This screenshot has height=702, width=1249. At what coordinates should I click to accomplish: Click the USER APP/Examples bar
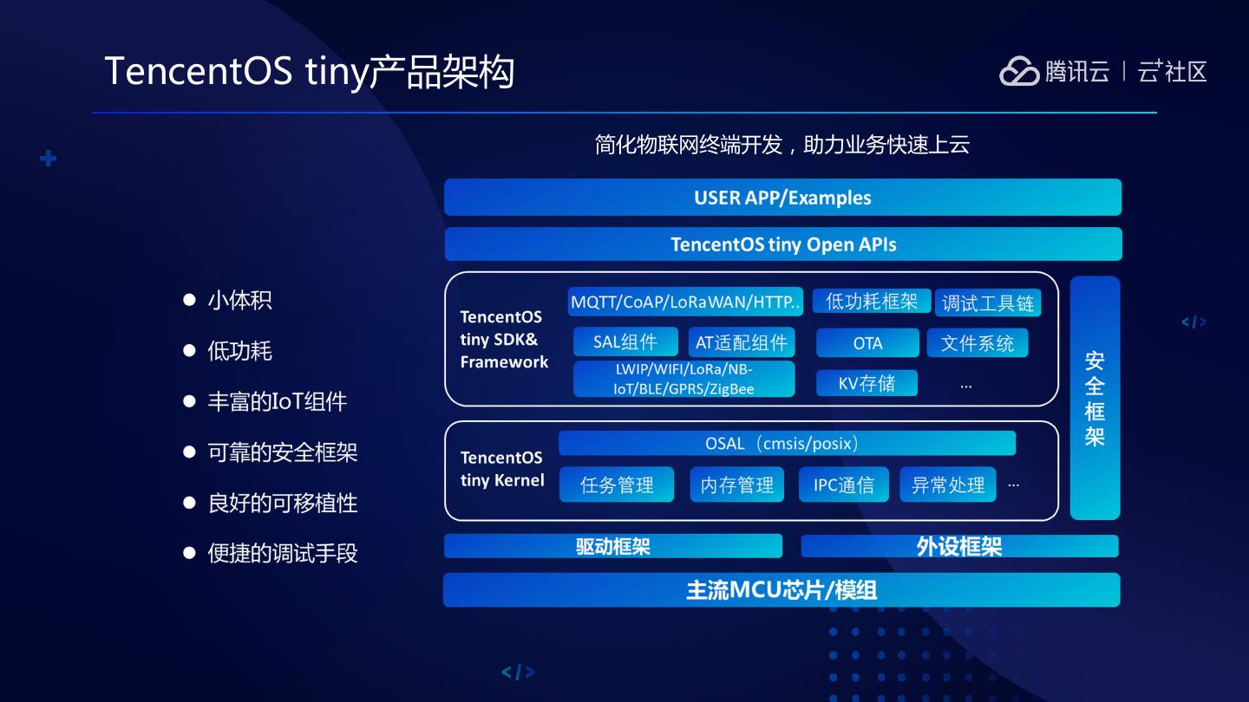(x=782, y=198)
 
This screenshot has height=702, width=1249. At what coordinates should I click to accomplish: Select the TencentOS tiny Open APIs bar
(x=783, y=244)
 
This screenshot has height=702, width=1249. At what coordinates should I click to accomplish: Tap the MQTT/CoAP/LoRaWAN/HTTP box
(x=685, y=302)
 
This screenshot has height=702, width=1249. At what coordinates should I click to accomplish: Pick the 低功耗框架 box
(x=872, y=301)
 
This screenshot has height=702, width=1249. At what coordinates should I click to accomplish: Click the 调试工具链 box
(x=988, y=302)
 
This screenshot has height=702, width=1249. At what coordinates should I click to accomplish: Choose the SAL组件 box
(x=624, y=342)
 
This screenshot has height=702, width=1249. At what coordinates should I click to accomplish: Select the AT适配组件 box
(x=742, y=342)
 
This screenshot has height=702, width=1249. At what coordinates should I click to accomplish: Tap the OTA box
(x=867, y=343)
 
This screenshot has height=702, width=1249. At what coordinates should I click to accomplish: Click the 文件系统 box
(x=978, y=343)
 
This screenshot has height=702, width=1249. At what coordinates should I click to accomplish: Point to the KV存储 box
(x=866, y=383)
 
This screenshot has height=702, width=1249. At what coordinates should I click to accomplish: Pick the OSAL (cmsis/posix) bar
(x=787, y=444)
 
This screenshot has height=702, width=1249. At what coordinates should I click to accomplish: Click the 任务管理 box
(x=617, y=484)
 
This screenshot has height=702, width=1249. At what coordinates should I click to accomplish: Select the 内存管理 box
(x=737, y=484)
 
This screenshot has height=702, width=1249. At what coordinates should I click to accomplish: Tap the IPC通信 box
(x=844, y=484)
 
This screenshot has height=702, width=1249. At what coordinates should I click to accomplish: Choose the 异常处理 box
(x=948, y=484)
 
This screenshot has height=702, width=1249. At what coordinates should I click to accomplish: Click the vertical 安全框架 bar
(x=1095, y=398)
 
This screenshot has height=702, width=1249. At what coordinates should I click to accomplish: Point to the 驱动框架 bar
(x=613, y=546)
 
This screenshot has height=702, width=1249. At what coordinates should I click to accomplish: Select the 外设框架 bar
(x=959, y=546)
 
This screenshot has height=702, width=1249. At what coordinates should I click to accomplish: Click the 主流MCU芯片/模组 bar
(x=781, y=590)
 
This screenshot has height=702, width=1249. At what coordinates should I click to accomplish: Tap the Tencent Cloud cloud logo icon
(x=1019, y=71)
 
